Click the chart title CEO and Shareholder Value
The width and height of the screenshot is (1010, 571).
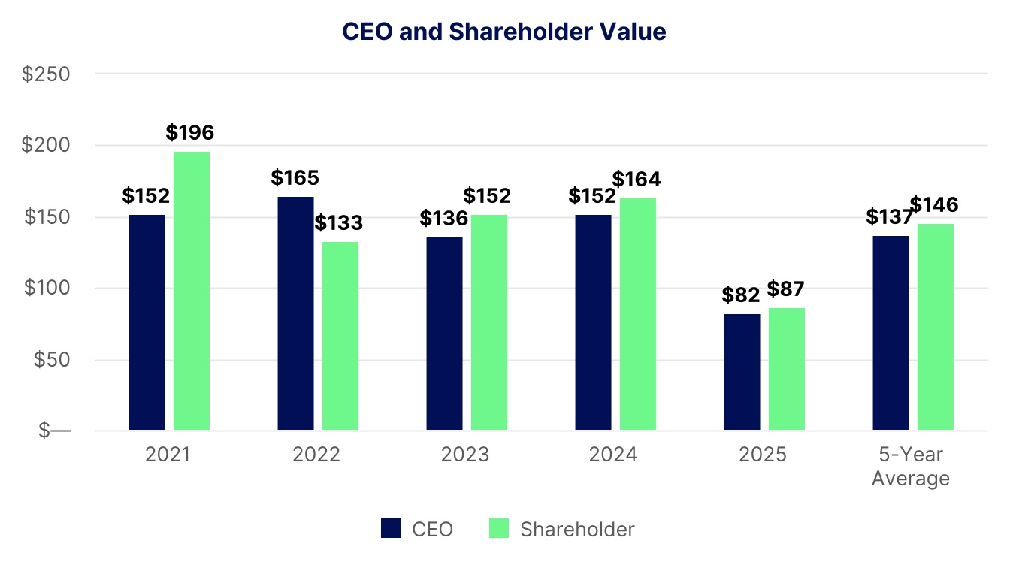[x=504, y=32]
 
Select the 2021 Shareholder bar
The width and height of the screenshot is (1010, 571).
[x=192, y=291]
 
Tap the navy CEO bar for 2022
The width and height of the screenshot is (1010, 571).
[x=295, y=313]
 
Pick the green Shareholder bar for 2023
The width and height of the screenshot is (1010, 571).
[x=489, y=322]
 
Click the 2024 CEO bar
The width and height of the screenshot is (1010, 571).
[x=594, y=322]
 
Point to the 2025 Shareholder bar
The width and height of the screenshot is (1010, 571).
[x=787, y=369]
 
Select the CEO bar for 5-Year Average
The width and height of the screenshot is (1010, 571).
[x=891, y=333]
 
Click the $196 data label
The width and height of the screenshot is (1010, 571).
[x=190, y=133]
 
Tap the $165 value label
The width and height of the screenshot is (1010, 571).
[x=295, y=178]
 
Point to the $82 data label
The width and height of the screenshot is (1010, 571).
[x=741, y=295]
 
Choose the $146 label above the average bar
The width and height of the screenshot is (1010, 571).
[x=935, y=204]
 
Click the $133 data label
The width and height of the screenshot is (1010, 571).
[x=338, y=223]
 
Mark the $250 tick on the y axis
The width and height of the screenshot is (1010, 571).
[x=47, y=74]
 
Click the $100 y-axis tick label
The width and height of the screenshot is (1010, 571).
[x=47, y=289]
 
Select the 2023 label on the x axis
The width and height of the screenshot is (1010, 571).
[x=464, y=455]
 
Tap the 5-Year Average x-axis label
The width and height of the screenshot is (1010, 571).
[x=911, y=466]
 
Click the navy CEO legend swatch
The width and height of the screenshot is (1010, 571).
[x=391, y=529]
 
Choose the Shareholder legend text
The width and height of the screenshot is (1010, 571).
[x=577, y=529]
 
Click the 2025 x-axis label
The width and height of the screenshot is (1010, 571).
[x=762, y=455]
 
